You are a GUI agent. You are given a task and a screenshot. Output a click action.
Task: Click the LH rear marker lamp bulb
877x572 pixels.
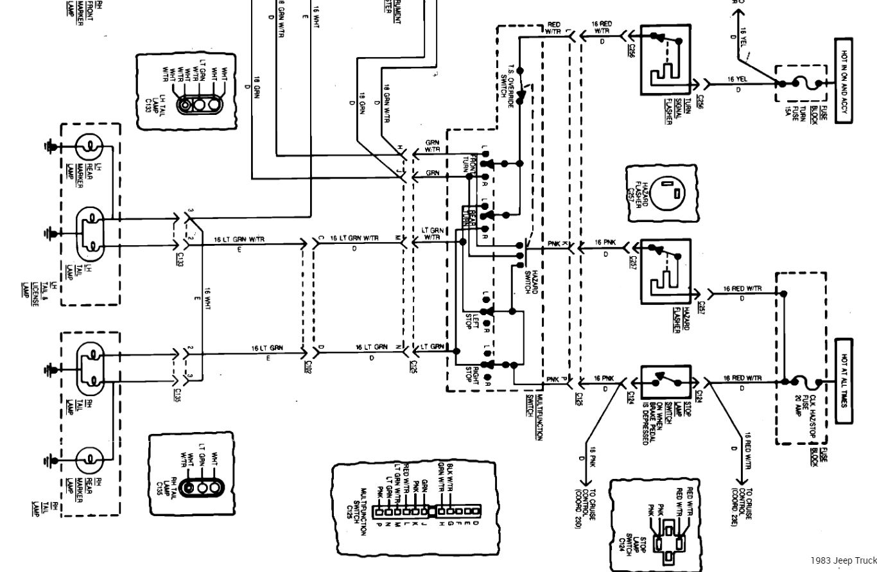(x=90, y=148)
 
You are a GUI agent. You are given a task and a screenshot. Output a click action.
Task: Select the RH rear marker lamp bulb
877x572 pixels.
(x=90, y=460)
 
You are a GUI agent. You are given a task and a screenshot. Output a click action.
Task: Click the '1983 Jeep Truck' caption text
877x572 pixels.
(x=842, y=560)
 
